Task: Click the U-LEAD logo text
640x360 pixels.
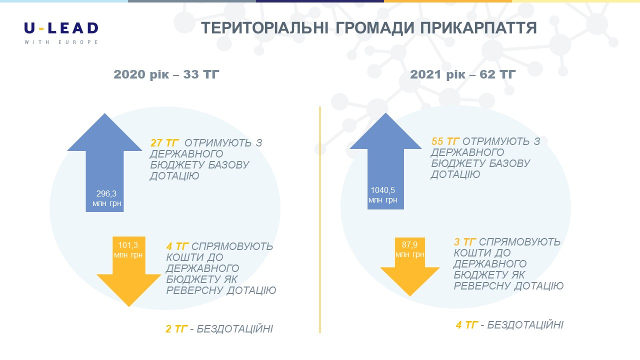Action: click(61, 28)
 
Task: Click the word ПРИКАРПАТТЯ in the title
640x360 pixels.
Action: click(478, 28)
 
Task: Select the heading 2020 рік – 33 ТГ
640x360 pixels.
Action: click(166, 74)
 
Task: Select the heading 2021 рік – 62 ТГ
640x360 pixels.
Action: click(463, 74)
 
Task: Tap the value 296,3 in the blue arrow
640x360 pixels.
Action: click(106, 193)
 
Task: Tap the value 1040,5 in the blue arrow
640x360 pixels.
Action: click(383, 190)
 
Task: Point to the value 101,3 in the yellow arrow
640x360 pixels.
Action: click(128, 245)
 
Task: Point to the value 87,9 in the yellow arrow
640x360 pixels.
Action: click(409, 244)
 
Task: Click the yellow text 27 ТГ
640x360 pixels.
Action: click(164, 142)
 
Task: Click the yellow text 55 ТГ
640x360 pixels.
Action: click(445, 141)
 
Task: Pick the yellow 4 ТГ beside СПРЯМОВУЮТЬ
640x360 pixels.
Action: click(177, 246)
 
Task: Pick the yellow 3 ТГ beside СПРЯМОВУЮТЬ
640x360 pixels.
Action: click(465, 242)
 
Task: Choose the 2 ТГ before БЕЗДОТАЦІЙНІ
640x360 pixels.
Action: click(176, 329)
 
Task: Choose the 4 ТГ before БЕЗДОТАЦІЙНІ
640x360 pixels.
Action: click(467, 325)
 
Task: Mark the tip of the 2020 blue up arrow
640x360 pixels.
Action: click(104, 113)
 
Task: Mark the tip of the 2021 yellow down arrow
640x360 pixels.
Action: click(409, 296)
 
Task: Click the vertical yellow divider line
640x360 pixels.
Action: click(320, 219)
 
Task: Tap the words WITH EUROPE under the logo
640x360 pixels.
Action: click(61, 42)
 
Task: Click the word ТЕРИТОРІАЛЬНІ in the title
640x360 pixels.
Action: click(265, 28)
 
